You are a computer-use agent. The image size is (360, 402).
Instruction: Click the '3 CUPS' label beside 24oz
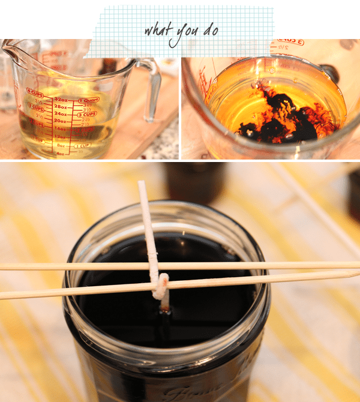87,114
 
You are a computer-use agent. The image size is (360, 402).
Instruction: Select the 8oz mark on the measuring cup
61,145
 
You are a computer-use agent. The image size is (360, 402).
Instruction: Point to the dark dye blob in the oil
282,117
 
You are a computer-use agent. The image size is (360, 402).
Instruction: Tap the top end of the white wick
142,185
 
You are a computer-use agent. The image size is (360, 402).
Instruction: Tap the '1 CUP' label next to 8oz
85,146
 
